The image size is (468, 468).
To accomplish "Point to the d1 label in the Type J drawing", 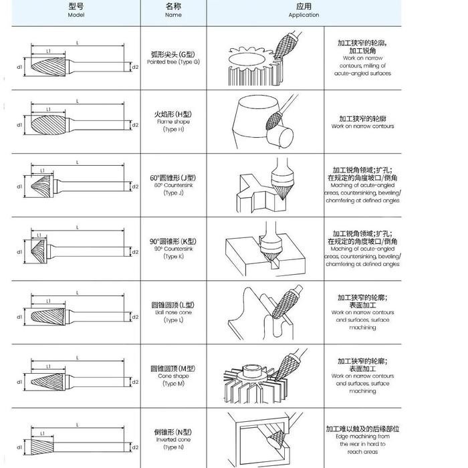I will pos(20,187).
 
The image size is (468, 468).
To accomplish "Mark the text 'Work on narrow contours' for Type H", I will pos(362,126).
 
